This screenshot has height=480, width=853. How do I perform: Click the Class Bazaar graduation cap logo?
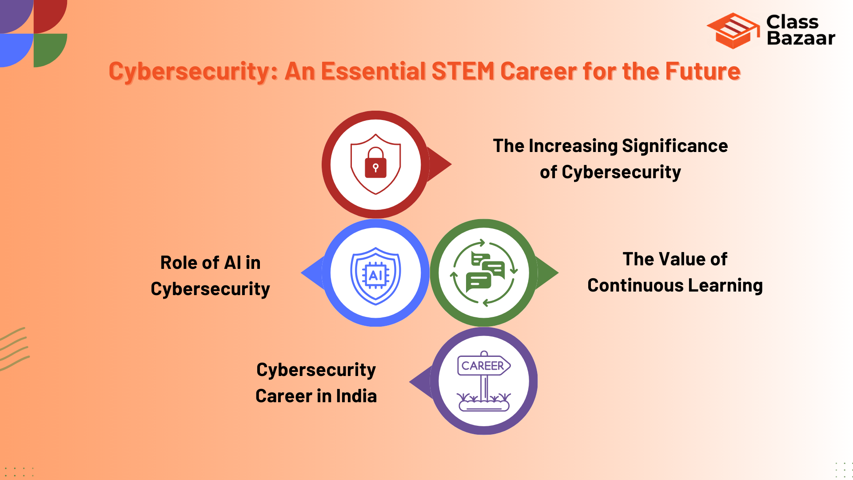click(733, 31)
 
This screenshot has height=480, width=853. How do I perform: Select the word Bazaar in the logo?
click(801, 39)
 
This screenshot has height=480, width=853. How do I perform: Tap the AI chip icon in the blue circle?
click(376, 276)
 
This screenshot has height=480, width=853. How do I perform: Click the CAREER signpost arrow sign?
click(483, 366)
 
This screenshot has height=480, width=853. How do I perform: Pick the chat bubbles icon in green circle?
click(484, 272)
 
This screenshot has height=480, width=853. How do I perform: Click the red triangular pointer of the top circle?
click(440, 164)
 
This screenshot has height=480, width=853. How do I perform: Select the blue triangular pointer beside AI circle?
click(313, 273)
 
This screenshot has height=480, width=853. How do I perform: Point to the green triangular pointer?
click(547, 273)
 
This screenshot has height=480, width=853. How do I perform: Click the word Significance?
click(675, 146)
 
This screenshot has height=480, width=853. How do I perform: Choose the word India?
click(356, 396)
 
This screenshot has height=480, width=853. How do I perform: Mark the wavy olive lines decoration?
click(14, 349)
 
